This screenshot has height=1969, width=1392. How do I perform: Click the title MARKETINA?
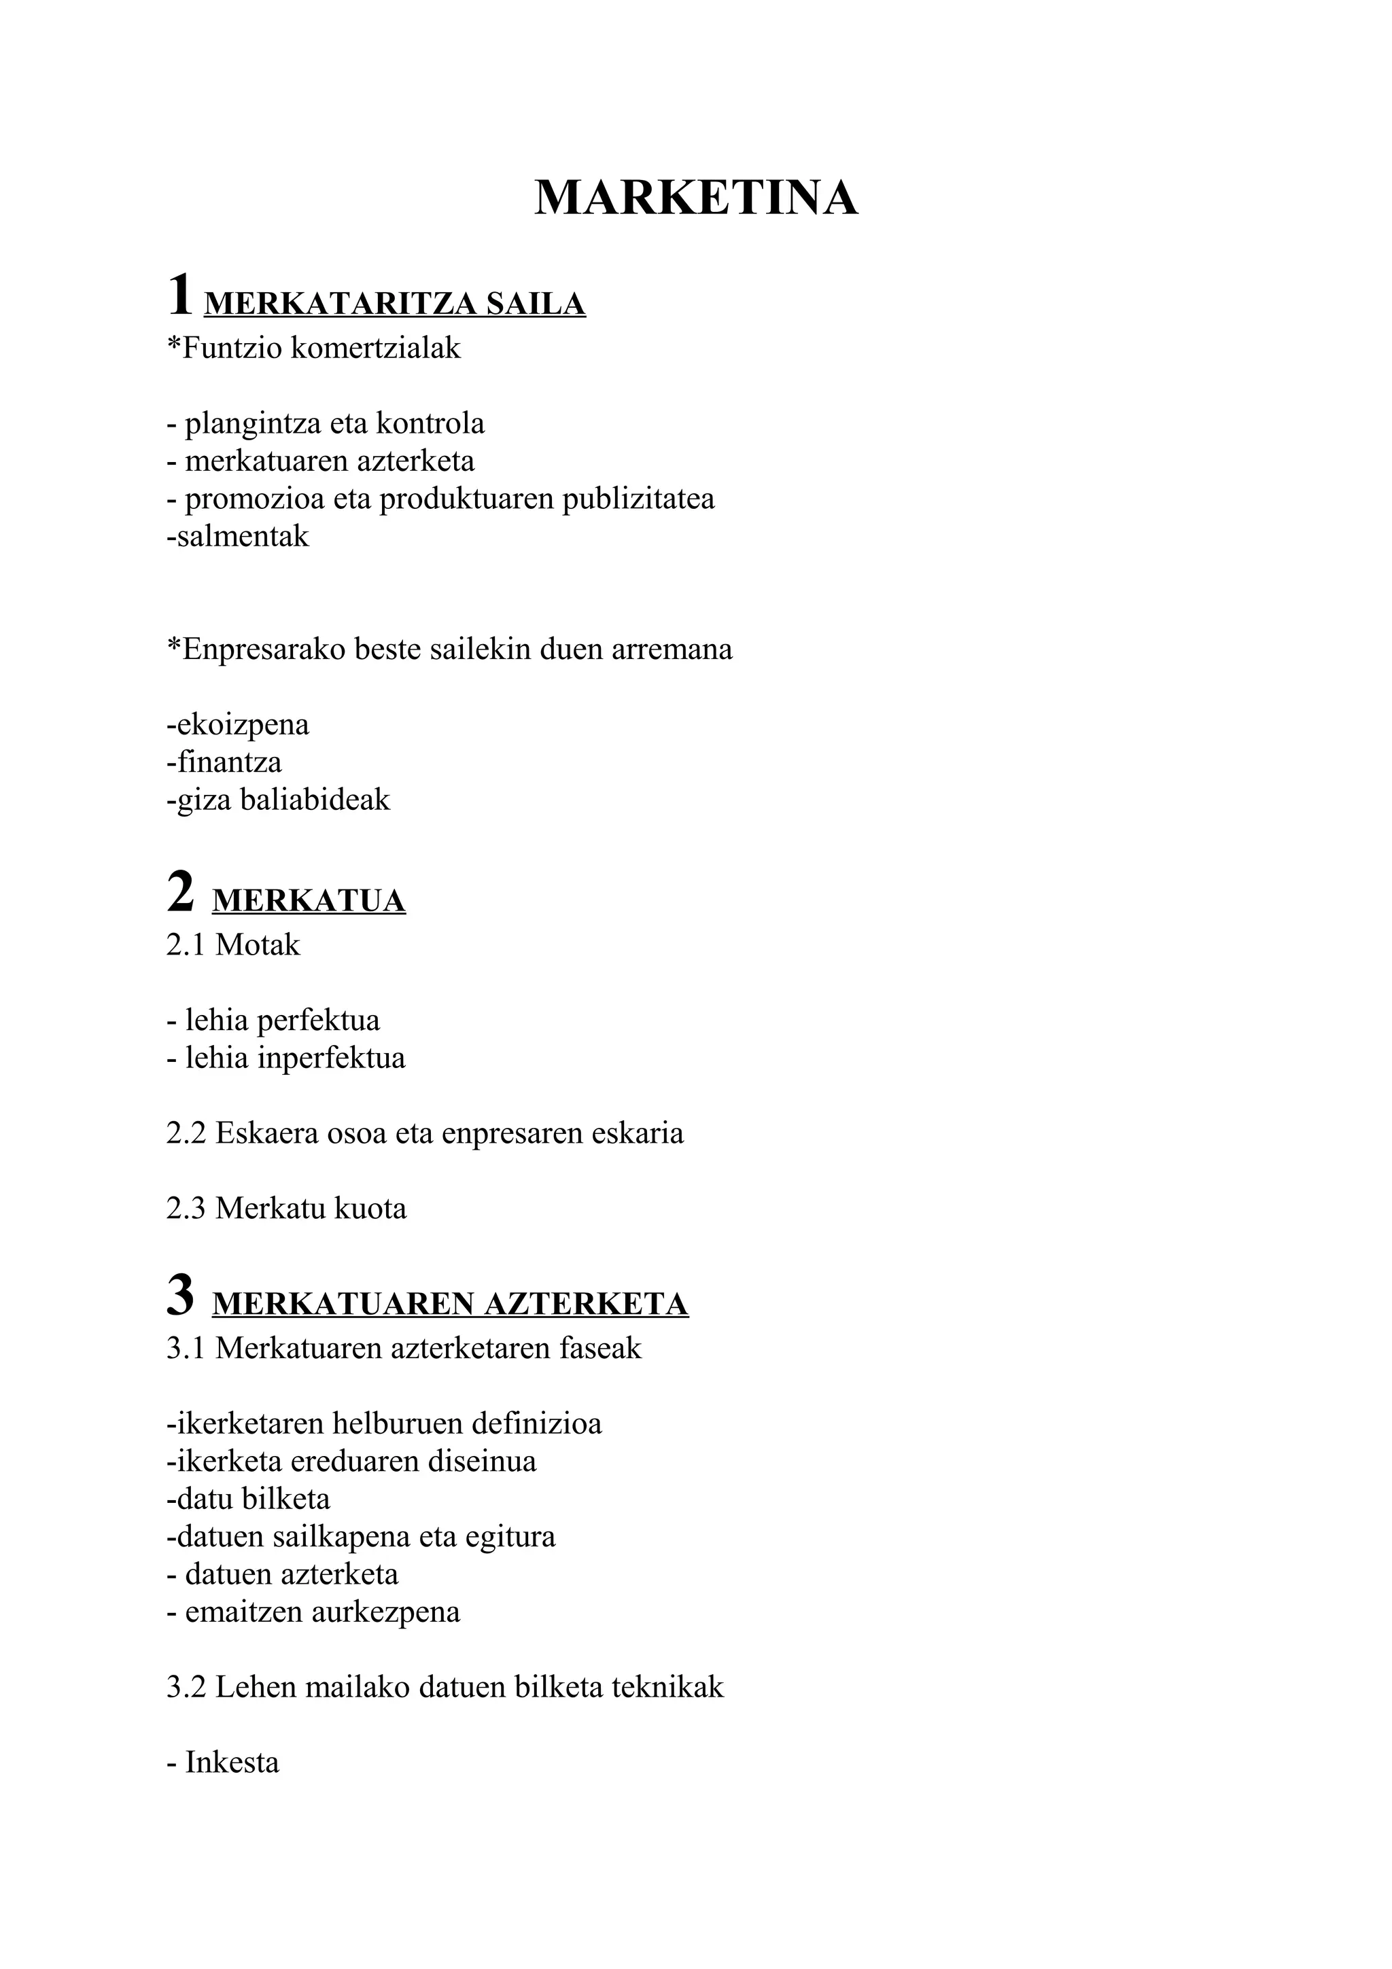point(695,198)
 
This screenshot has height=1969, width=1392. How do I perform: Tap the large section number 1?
point(180,296)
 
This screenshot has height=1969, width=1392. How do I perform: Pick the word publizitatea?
point(638,499)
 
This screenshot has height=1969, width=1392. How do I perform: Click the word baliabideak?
point(315,800)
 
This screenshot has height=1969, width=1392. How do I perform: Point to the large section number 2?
point(180,893)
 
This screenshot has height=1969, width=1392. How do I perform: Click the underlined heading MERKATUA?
point(309,902)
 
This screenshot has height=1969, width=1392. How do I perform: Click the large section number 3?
point(180,1296)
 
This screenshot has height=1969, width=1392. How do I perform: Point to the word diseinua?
point(485,1461)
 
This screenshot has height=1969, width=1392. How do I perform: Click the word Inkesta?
point(232,1762)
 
